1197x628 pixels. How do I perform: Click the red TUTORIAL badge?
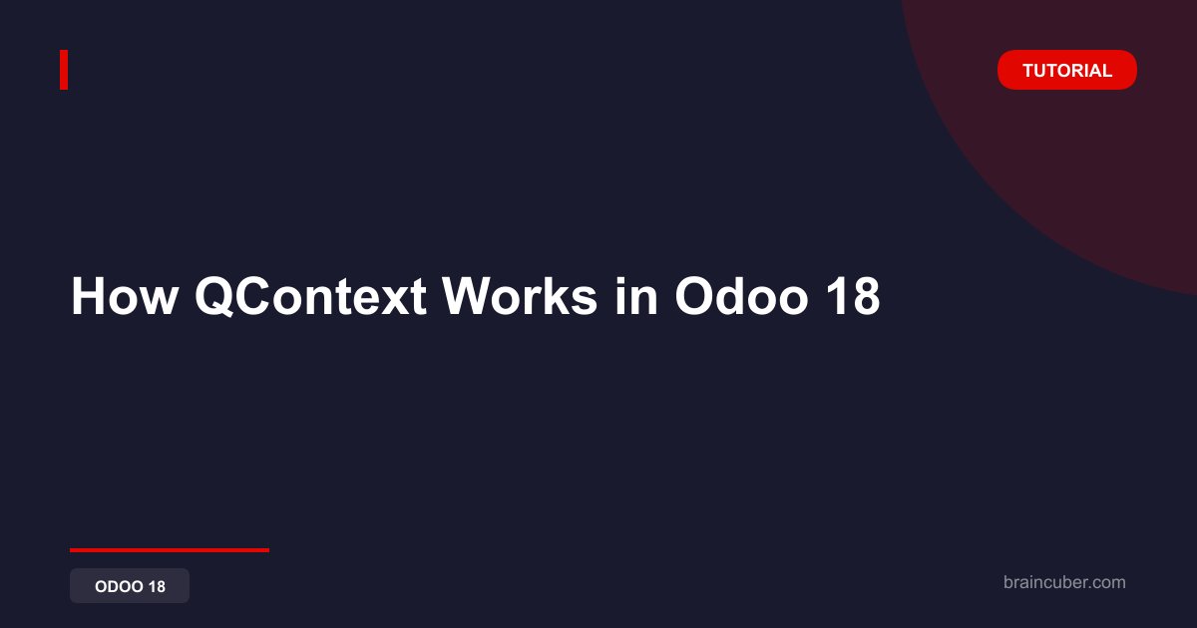tap(1066, 70)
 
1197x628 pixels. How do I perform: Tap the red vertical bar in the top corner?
tap(64, 70)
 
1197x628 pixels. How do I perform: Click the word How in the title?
tap(125, 296)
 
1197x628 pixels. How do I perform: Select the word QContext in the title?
tap(310, 296)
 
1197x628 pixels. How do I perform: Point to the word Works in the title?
tap(520, 296)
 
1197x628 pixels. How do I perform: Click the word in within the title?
tap(636, 296)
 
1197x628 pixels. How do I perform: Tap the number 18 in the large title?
tap(853, 296)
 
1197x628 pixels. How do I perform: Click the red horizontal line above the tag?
tap(170, 550)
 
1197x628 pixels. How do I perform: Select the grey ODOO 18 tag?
tap(130, 586)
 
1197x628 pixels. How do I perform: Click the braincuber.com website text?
tap(1064, 582)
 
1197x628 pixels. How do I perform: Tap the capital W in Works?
tap(469, 296)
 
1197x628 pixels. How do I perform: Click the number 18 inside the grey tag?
tap(157, 586)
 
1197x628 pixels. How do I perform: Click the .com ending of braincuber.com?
tap(1106, 583)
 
